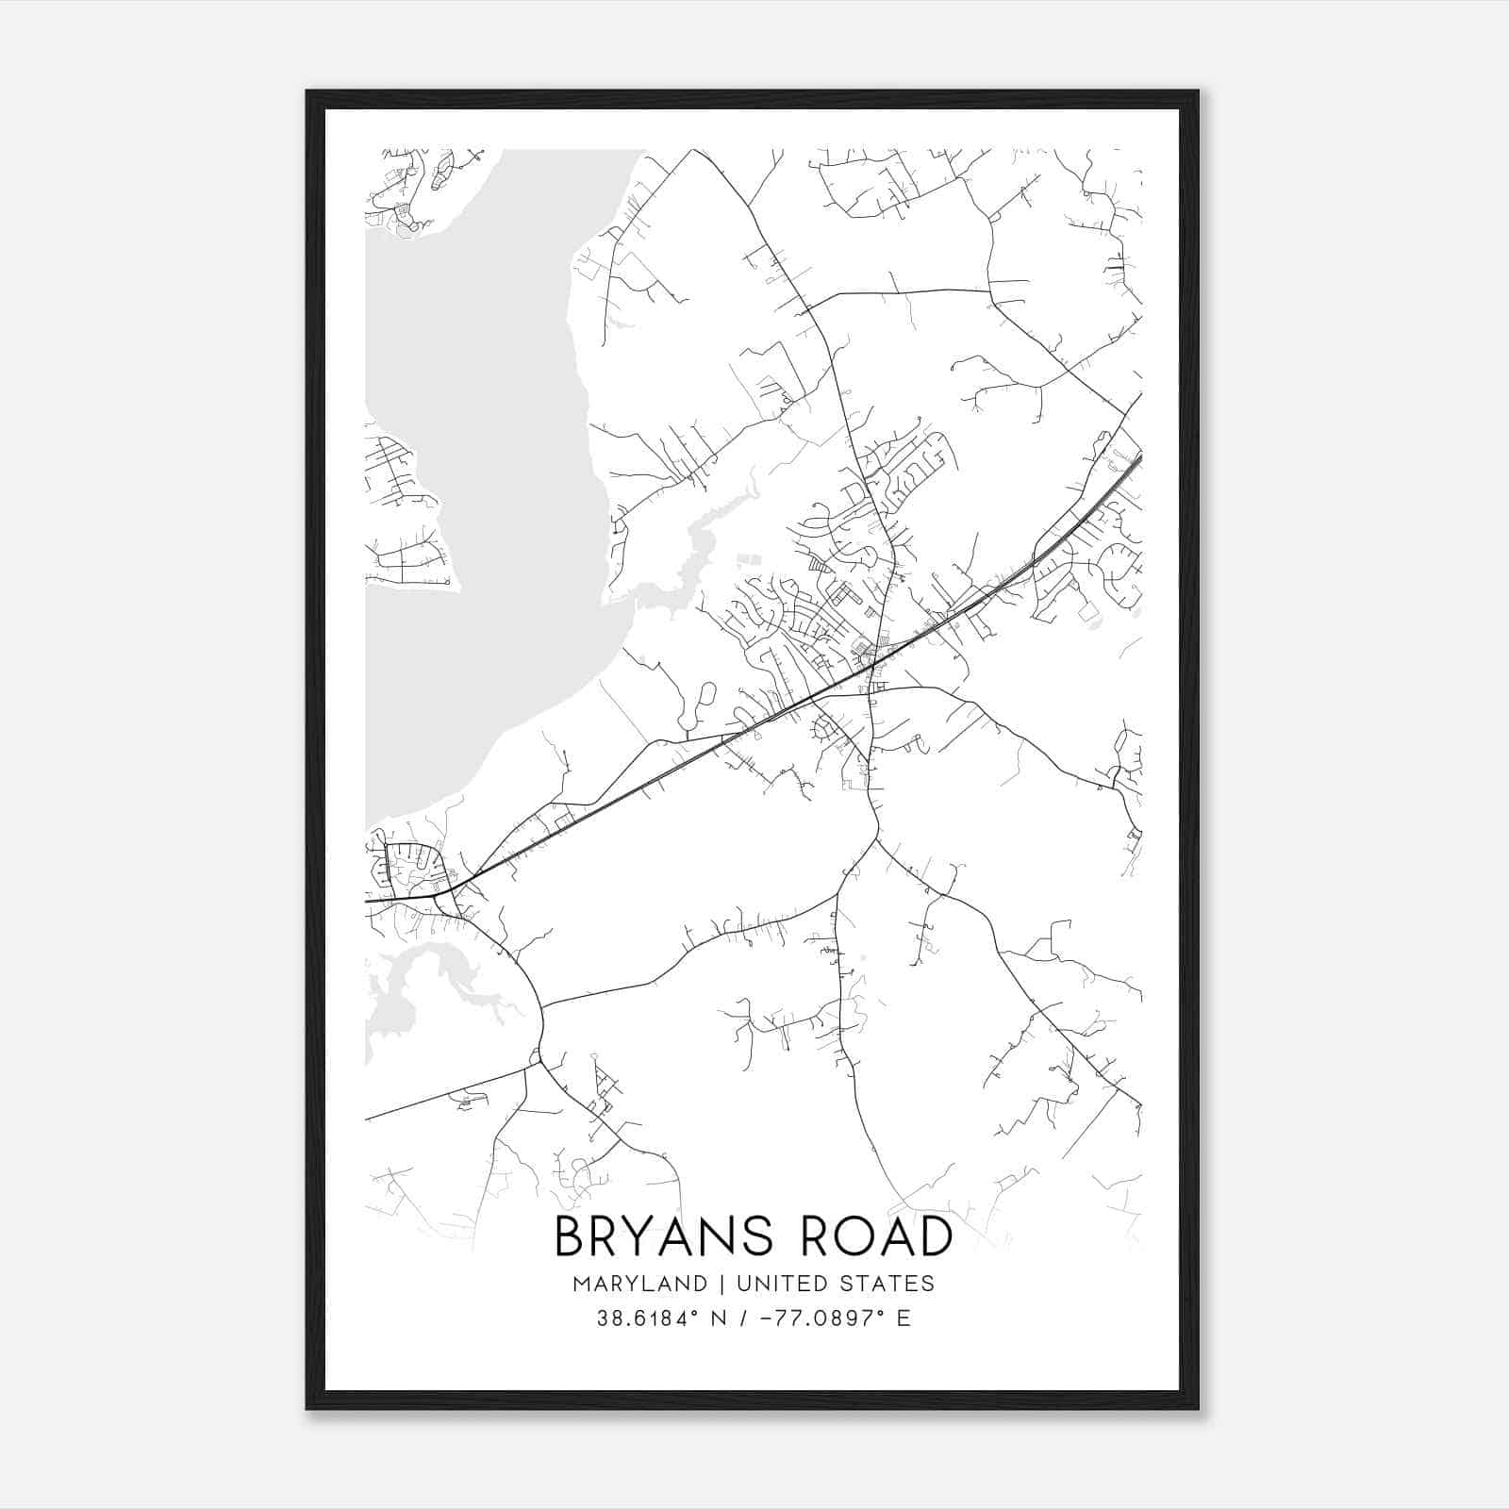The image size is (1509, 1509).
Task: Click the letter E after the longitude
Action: coord(904,1318)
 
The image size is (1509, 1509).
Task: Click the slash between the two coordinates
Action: coord(744,1318)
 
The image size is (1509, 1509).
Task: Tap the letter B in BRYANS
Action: coord(569,1236)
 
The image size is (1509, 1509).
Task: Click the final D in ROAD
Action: coord(935,1236)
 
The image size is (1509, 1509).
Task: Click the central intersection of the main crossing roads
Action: coord(872,664)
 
